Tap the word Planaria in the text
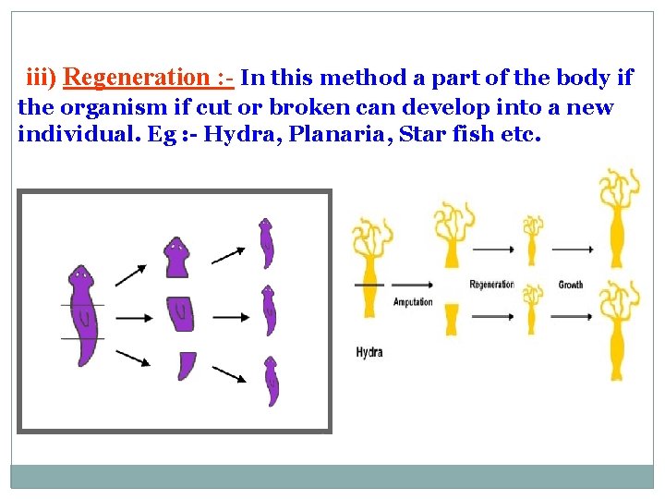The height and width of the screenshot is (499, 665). click(339, 136)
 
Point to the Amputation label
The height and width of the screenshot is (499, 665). click(413, 302)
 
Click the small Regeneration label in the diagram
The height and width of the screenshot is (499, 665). click(491, 285)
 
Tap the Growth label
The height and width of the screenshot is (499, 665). click(571, 285)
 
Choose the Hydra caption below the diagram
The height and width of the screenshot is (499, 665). click(369, 352)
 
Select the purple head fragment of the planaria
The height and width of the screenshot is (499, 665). click(176, 258)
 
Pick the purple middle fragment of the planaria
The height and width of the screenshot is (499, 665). click(180, 313)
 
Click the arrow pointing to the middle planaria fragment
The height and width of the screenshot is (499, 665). click(135, 318)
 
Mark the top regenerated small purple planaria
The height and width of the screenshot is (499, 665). click(267, 243)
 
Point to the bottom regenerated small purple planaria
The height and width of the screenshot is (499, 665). click(272, 382)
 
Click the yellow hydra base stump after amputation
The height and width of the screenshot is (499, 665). click(451, 319)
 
